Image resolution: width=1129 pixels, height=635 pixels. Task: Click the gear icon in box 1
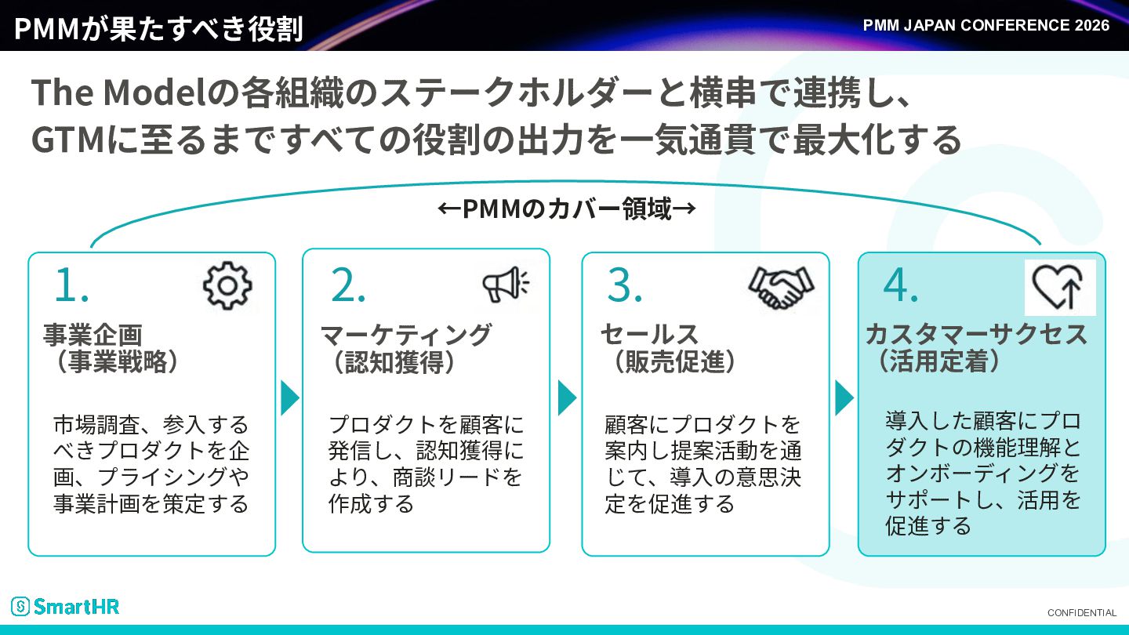coord(227,285)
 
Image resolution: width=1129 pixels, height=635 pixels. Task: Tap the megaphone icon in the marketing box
coord(506,284)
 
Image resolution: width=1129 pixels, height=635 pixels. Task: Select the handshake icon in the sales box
coord(781,287)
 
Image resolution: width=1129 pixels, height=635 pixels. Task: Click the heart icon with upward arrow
coord(1059,287)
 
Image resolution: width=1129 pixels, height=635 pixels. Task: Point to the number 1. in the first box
coord(71,285)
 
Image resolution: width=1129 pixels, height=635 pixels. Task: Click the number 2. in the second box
coord(348,285)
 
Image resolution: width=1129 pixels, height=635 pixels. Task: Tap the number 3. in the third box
coord(624,285)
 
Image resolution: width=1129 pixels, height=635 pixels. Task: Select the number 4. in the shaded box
coord(900,285)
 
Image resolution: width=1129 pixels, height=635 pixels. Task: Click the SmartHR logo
coord(65,606)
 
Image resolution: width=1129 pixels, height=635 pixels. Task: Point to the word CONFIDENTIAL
coord(1082,613)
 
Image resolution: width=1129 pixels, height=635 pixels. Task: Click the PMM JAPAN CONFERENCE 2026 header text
coord(986,25)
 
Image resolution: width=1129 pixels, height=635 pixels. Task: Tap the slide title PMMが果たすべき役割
coord(158,28)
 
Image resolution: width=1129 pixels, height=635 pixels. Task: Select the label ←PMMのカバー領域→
coord(567,209)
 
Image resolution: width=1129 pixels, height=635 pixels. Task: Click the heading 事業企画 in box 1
coord(93,335)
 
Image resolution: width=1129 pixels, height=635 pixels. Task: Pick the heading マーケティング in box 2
coord(406,335)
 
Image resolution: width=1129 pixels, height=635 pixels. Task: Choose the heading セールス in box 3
coord(650,335)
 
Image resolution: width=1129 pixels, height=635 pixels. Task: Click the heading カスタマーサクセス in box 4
coord(976,335)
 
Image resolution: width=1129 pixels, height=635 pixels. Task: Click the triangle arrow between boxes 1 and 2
coord(290,398)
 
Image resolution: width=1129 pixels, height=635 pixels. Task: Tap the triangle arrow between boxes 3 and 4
coord(844,398)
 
